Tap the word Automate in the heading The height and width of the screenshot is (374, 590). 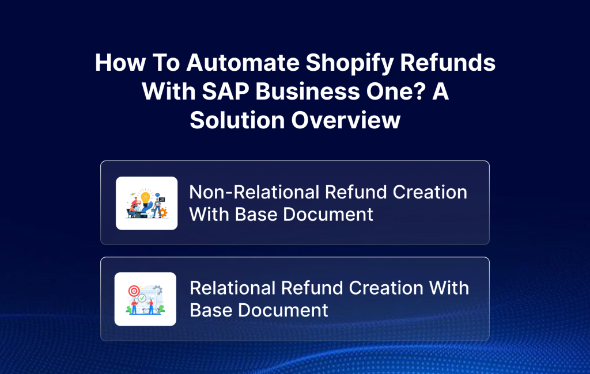[x=243, y=62]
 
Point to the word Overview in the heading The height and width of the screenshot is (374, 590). [x=346, y=120]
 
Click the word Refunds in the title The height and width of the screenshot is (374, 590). [x=448, y=62]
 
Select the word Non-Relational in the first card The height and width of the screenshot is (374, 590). [x=254, y=192]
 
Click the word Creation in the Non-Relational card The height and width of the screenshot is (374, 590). [x=430, y=192]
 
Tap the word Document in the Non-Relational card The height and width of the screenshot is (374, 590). [x=328, y=215]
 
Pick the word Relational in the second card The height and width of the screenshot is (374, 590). [x=232, y=288]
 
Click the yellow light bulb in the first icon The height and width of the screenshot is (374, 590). [x=146, y=198]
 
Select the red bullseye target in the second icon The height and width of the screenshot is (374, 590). [x=134, y=291]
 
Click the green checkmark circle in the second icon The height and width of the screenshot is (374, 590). [x=142, y=298]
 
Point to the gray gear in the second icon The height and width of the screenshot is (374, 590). [x=158, y=290]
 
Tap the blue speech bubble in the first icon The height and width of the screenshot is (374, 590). [x=157, y=195]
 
